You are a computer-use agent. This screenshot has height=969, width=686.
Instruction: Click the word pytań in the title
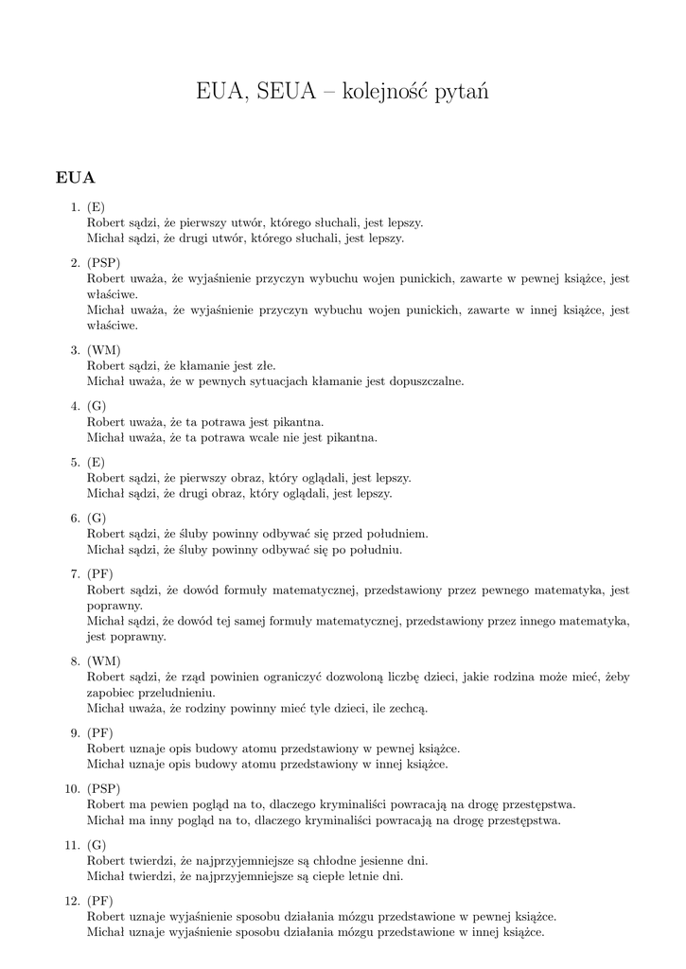tap(460, 93)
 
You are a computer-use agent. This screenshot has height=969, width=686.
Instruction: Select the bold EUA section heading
tap(75, 177)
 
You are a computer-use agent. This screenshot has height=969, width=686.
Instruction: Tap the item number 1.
tap(74, 207)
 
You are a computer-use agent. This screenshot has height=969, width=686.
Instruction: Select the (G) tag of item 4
tap(97, 406)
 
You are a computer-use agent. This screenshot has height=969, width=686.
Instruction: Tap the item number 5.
tap(74, 462)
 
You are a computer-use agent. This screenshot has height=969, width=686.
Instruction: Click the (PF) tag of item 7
tap(100, 574)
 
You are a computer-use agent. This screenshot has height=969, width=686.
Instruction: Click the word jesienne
tap(359, 861)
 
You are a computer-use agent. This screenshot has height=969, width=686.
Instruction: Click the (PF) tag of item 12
tap(100, 901)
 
